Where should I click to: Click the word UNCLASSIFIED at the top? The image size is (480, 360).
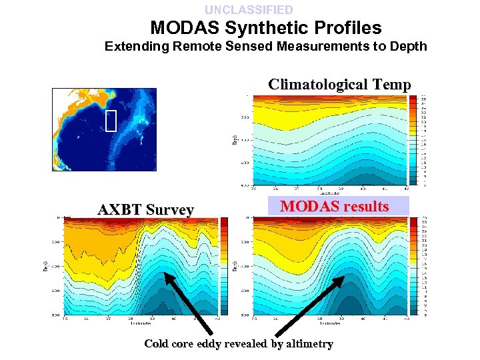249,10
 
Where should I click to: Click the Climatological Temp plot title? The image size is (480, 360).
339,85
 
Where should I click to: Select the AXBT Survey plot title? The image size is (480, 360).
145,210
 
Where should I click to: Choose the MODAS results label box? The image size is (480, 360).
334,206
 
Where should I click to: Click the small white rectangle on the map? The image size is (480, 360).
111,120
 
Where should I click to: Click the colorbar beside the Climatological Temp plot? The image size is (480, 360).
413,140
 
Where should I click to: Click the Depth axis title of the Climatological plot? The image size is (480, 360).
235,139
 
